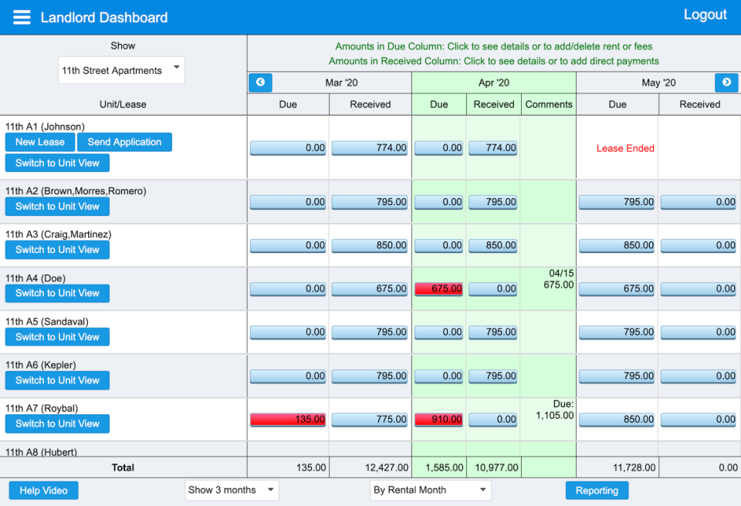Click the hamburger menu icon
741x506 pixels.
pyautogui.click(x=22, y=17)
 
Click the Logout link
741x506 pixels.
pyautogui.click(x=705, y=15)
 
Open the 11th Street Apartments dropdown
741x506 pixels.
pyautogui.click(x=121, y=70)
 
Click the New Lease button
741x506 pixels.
pyautogui.click(x=40, y=142)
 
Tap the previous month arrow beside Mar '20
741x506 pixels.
pyautogui.click(x=260, y=83)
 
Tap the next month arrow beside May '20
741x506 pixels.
pyautogui.click(x=726, y=83)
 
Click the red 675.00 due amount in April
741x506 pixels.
pyautogui.click(x=438, y=288)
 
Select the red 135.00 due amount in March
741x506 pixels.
pyautogui.click(x=288, y=420)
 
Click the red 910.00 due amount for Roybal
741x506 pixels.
pyautogui.click(x=438, y=420)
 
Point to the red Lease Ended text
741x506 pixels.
pyautogui.click(x=624, y=148)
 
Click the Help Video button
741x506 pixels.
pyautogui.click(x=43, y=491)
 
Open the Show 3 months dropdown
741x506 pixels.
pyautogui.click(x=232, y=490)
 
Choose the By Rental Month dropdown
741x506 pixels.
pyautogui.click(x=430, y=490)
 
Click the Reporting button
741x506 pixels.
pyautogui.click(x=597, y=491)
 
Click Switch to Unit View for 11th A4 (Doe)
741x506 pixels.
pyautogui.click(x=57, y=293)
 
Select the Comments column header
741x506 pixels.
pyautogui.click(x=549, y=104)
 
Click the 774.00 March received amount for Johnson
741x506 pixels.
pyautogui.click(x=370, y=148)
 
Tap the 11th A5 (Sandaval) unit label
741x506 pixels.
pyautogui.click(x=47, y=322)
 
